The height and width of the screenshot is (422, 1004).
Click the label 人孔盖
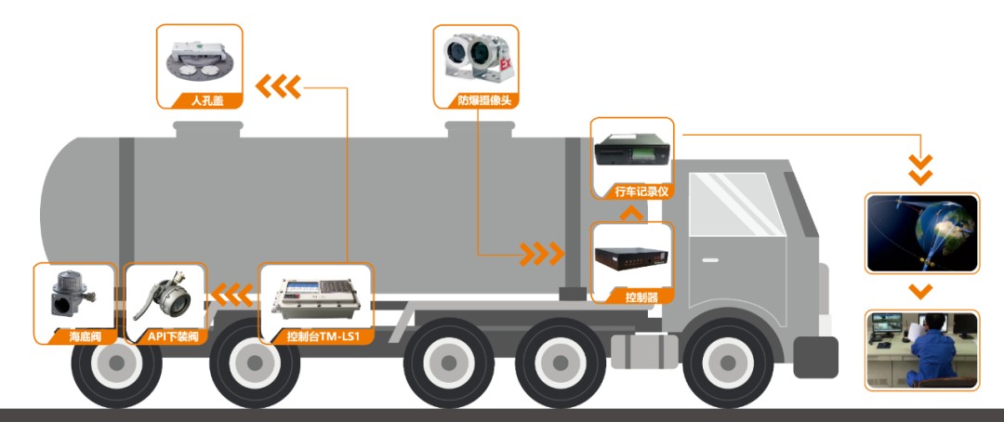[x=199, y=100]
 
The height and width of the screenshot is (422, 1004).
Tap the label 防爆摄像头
[x=476, y=100]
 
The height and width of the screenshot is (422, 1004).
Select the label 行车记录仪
[x=632, y=191]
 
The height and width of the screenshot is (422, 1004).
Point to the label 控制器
[x=632, y=297]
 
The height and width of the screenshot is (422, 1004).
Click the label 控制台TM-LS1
[x=316, y=336]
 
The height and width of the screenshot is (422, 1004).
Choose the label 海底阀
[x=74, y=336]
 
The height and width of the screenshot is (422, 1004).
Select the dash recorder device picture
[x=632, y=151]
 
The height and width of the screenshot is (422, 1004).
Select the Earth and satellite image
[x=921, y=232]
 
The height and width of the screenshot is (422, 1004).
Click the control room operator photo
[x=921, y=349]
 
